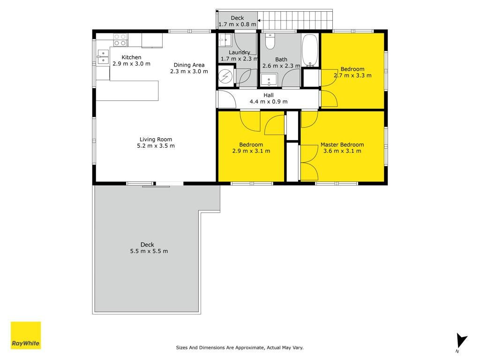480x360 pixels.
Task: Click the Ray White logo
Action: click(x=26, y=335)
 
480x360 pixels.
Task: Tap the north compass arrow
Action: click(x=461, y=341)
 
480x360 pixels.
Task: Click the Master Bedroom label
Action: click(x=342, y=144)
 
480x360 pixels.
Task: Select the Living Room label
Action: click(x=156, y=139)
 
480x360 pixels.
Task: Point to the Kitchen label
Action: click(x=131, y=57)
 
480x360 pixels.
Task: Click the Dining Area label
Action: click(x=189, y=65)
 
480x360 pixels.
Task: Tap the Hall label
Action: click(x=269, y=95)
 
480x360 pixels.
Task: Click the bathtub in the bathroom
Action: click(x=310, y=50)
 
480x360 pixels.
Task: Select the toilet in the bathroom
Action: click(x=270, y=41)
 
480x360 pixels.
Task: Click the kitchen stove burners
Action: click(x=120, y=40)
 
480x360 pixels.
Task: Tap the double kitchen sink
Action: click(x=103, y=57)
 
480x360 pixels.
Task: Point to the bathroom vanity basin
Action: click(x=269, y=80)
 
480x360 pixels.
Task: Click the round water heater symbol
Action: click(x=225, y=76)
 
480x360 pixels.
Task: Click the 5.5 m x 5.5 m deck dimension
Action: click(x=149, y=251)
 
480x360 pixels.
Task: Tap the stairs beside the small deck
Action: click(x=295, y=20)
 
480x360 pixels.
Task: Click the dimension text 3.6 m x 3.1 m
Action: click(x=342, y=151)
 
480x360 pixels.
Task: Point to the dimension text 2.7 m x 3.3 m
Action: click(x=352, y=75)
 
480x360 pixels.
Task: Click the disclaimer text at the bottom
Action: click(x=240, y=347)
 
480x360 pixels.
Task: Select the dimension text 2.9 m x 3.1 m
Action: click(x=251, y=151)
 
